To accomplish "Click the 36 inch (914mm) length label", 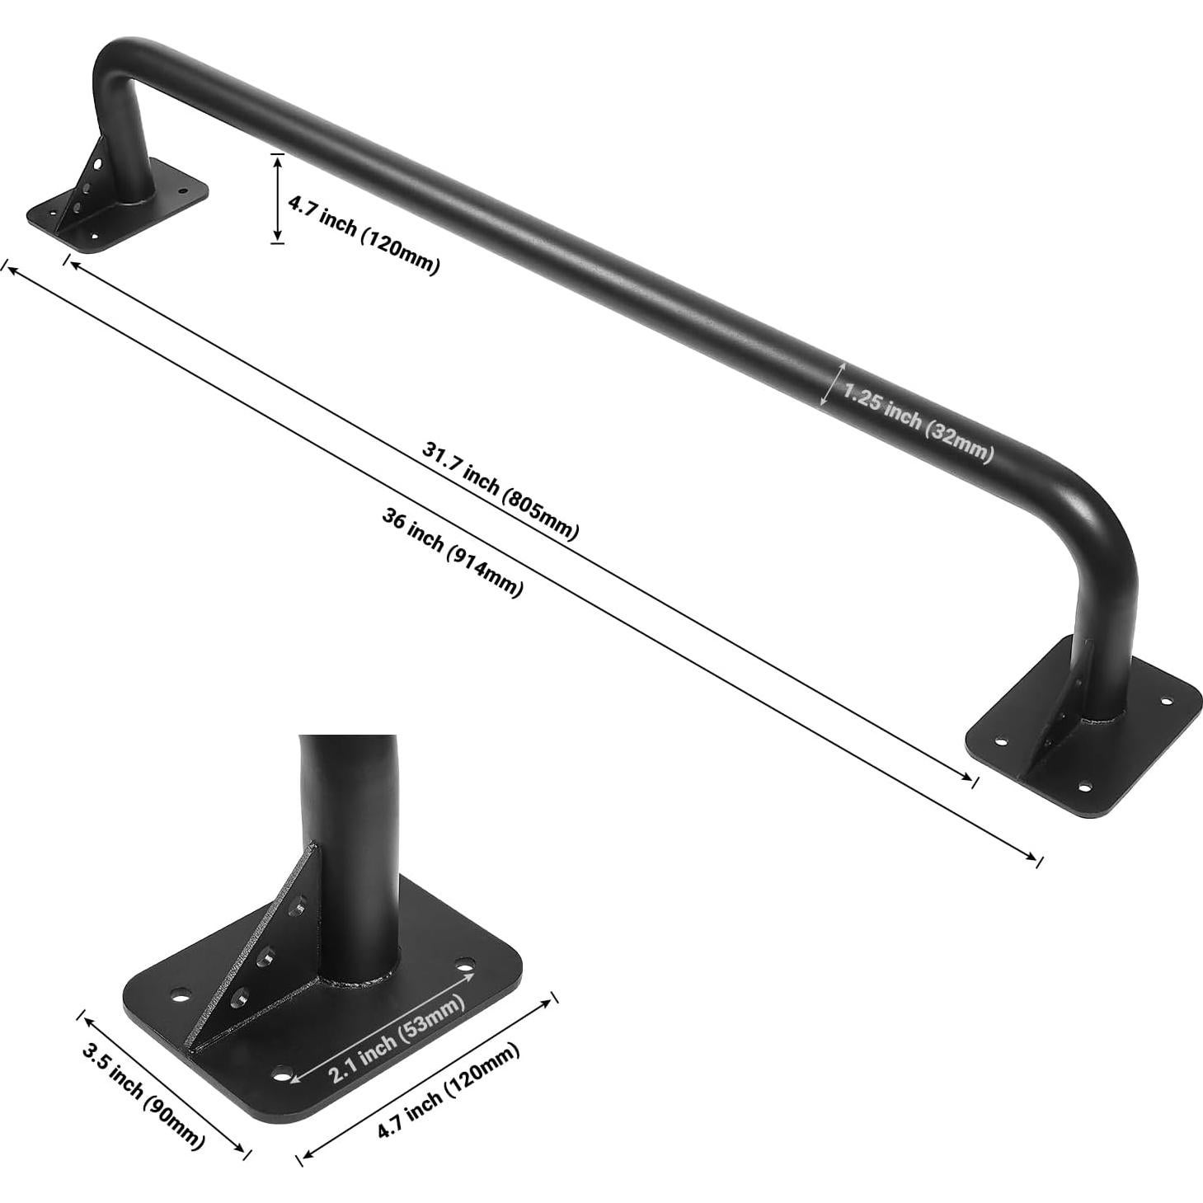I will (x=453, y=552).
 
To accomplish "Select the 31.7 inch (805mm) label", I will (x=500, y=491).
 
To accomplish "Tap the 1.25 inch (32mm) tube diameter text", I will (x=918, y=422).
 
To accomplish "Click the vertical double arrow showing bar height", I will (x=278, y=198).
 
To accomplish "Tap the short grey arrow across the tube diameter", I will (x=832, y=383).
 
